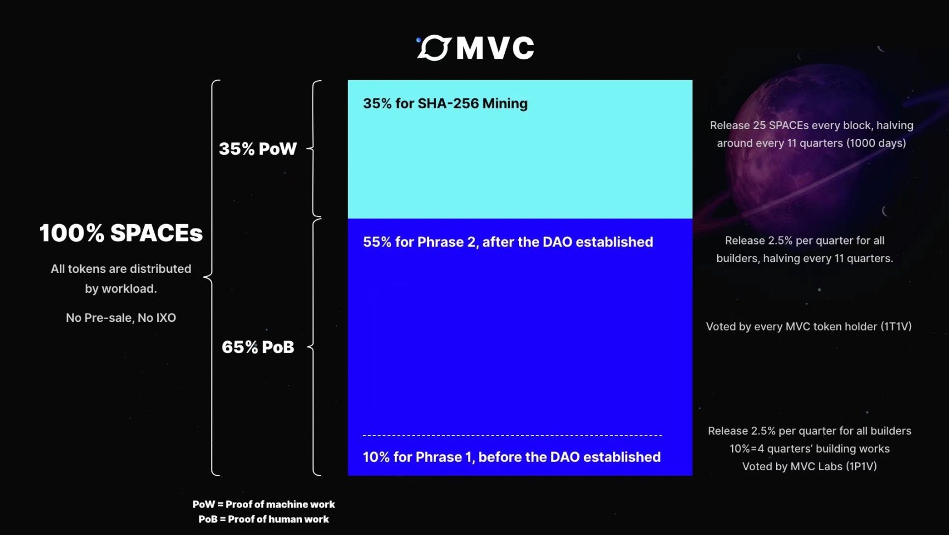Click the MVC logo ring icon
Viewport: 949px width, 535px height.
pyautogui.click(x=434, y=48)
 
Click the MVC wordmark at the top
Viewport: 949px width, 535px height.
pyautogui.click(x=494, y=48)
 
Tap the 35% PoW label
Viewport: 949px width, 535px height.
pyautogui.click(x=258, y=149)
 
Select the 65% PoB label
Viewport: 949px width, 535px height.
pyautogui.click(x=258, y=347)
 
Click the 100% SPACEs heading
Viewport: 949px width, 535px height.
pyautogui.click(x=121, y=233)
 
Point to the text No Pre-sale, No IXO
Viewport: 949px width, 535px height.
pyautogui.click(x=121, y=317)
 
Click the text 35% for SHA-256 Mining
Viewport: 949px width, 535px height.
pyautogui.click(x=445, y=103)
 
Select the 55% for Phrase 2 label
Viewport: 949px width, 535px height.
pyautogui.click(x=507, y=242)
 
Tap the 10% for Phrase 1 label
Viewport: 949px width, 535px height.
pyautogui.click(x=511, y=457)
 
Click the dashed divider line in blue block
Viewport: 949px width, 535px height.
pyautogui.click(x=512, y=436)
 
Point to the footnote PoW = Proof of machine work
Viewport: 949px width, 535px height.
pyautogui.click(x=264, y=504)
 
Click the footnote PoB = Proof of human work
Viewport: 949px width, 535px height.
pyautogui.click(x=264, y=519)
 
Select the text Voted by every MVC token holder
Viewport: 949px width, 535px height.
pyautogui.click(x=808, y=326)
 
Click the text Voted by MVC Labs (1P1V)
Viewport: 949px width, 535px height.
pyautogui.click(x=810, y=466)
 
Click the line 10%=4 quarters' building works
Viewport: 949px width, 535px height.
pyautogui.click(x=810, y=449)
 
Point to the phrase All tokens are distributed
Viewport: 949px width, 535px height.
pyautogui.click(x=121, y=269)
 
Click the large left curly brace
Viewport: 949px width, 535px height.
pyautogui.click(x=211, y=277)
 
